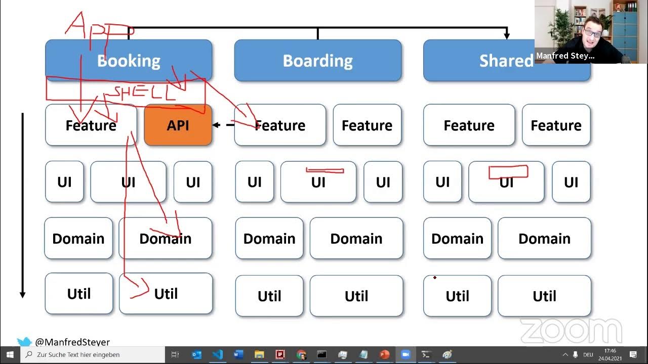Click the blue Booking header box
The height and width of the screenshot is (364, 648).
(129, 61)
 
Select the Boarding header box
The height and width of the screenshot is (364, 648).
(317, 61)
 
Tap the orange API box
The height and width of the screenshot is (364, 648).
(178, 125)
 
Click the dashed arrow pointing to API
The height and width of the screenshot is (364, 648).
(223, 125)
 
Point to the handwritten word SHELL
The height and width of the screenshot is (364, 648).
(144, 93)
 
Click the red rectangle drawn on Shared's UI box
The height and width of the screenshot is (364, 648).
(508, 172)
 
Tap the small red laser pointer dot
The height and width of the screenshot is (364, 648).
(435, 278)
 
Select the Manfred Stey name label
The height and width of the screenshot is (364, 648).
(565, 56)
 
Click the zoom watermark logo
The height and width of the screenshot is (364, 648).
(571, 331)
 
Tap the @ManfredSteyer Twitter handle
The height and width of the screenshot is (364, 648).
(72, 342)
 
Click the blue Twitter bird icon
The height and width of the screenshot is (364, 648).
(24, 342)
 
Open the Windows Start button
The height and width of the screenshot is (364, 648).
(10, 354)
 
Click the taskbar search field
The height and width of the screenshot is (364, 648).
(94, 354)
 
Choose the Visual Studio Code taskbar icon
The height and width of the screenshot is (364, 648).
(218, 354)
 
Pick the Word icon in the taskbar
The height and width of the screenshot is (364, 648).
(238, 354)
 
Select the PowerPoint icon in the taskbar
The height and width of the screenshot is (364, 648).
(384, 354)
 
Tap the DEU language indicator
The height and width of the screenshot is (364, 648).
(588, 354)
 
